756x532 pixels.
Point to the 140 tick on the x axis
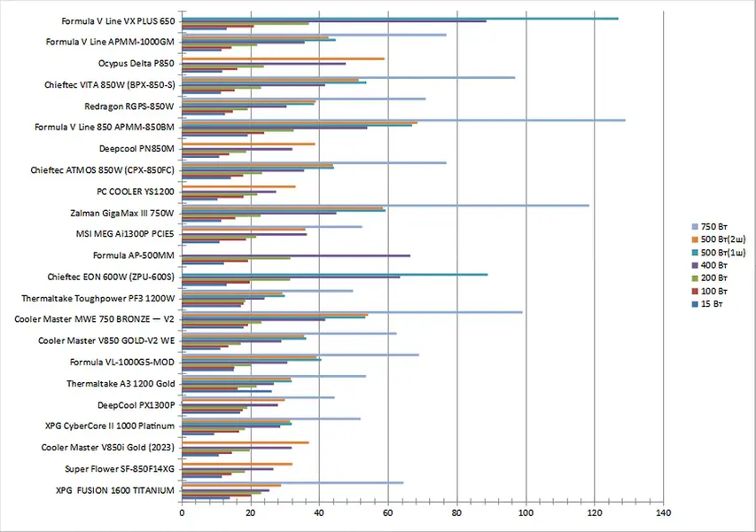[x=664, y=513]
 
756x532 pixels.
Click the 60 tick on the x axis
[x=388, y=513]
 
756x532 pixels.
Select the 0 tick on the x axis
[x=182, y=513]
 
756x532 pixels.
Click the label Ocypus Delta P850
[x=136, y=64]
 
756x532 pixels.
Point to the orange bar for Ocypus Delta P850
[x=283, y=59]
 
